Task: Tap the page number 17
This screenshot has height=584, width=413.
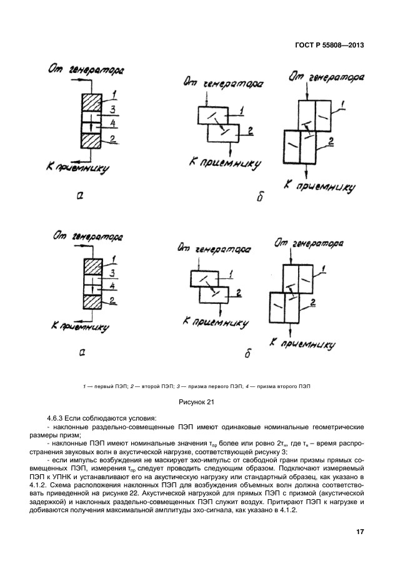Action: [359, 532]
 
